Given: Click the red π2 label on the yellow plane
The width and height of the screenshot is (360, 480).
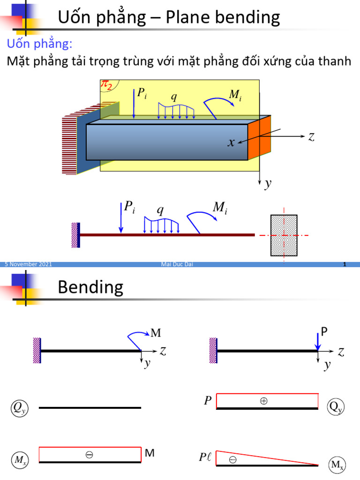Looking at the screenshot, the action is (106, 84).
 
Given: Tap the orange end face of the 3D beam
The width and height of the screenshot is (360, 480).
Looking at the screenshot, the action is (259, 138).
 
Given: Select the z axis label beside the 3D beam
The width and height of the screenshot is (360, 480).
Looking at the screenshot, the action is (311, 136).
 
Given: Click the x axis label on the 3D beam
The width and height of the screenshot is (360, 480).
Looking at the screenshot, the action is (231, 142).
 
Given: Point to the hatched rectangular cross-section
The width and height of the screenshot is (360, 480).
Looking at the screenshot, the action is (284, 235).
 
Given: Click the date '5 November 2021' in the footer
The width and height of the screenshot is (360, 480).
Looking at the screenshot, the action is (28, 264).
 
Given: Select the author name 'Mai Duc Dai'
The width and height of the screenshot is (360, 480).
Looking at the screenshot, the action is (177, 264).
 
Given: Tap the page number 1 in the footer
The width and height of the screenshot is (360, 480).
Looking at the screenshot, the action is (345, 264).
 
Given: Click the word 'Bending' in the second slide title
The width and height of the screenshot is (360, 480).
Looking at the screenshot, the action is (90, 288).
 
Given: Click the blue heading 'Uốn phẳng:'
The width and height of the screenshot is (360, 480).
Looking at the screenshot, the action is (39, 44).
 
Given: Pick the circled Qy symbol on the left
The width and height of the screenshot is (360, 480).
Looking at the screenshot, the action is (20, 408).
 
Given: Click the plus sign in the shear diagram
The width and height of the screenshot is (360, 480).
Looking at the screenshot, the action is (263, 401).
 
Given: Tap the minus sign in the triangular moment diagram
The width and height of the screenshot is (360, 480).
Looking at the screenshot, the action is (232, 460).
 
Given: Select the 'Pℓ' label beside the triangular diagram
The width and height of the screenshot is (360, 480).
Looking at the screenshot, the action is (205, 457).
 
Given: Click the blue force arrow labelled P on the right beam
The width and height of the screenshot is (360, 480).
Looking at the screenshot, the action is (318, 342).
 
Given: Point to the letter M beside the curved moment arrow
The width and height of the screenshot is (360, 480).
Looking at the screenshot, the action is (156, 333).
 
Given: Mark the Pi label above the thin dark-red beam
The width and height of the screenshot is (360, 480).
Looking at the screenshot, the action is (129, 207).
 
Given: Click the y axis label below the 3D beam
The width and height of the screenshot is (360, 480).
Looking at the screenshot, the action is (268, 184).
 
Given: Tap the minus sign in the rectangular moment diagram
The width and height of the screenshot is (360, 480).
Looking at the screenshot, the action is (89, 455).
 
